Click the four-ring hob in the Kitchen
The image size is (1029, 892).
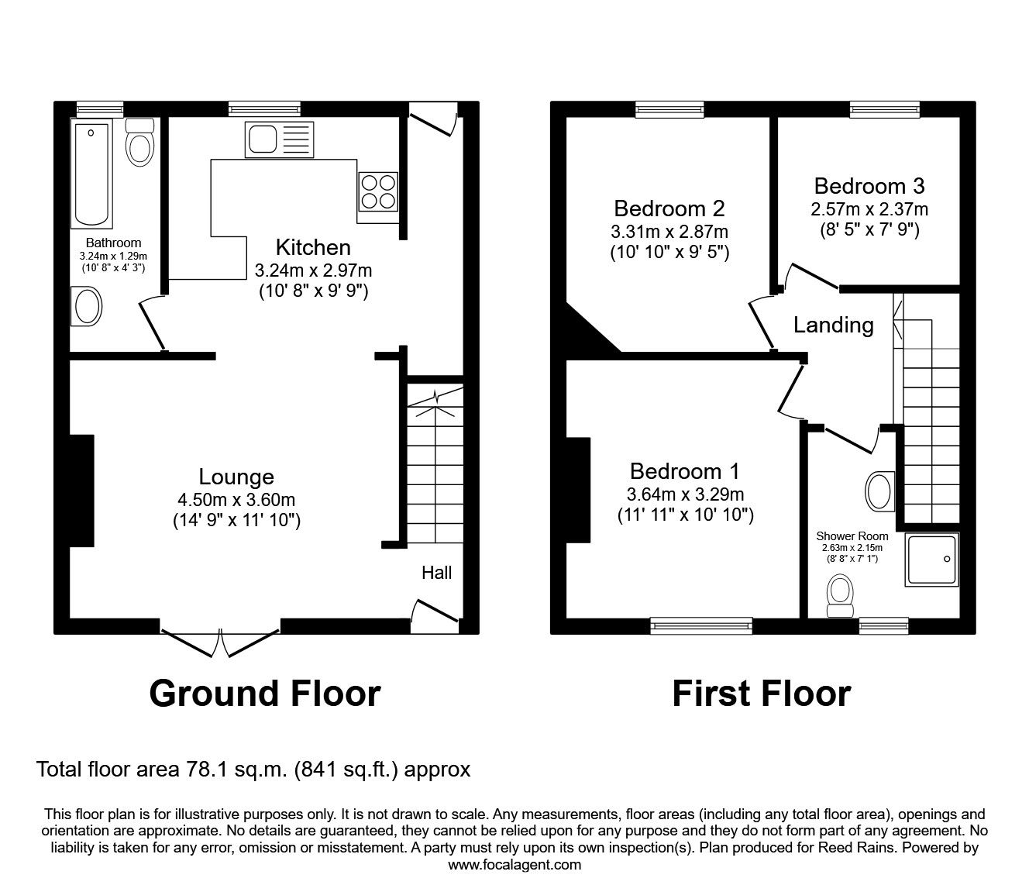click(x=378, y=191)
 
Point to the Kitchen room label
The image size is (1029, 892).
click(x=313, y=247)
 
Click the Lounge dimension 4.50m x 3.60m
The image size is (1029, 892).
click(x=236, y=500)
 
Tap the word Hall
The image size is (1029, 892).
click(x=436, y=573)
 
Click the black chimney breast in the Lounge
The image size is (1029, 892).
click(x=82, y=491)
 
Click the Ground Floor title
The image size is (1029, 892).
click(x=265, y=693)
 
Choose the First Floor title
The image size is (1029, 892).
click(x=761, y=693)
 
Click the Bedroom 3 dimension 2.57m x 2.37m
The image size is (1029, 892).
click(x=869, y=209)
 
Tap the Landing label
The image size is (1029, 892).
click(x=833, y=325)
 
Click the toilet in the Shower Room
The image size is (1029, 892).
click(x=838, y=594)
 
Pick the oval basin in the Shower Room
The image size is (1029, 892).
click(x=878, y=491)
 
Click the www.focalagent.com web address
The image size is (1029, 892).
click(x=514, y=865)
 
